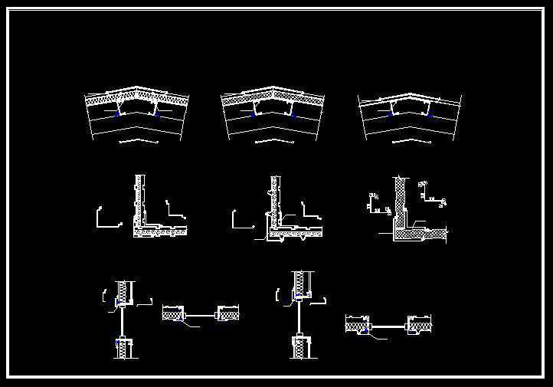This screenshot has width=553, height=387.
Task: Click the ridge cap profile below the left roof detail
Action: pyautogui.click(x=139, y=141)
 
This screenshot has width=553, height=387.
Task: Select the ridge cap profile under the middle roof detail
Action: pyautogui.click(x=275, y=141)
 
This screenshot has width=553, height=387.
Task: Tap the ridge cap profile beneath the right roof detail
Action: pyautogui.click(x=411, y=141)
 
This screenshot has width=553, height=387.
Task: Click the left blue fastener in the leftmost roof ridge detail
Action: pyautogui.click(x=117, y=113)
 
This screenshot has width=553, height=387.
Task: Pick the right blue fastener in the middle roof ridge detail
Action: pyautogui.click(x=292, y=114)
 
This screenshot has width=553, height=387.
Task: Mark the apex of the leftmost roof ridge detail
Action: pyautogui.click(x=137, y=89)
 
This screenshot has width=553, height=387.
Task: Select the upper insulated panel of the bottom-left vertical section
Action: pyautogui.click(x=123, y=291)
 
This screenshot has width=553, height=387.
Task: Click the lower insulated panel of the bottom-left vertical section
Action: pyautogui.click(x=123, y=348)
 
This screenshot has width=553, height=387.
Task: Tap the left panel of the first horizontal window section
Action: pyautogui.click(x=173, y=313)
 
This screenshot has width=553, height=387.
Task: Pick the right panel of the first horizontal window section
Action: pyautogui.click(x=229, y=313)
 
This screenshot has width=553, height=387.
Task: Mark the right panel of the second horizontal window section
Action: pyautogui.click(x=420, y=326)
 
